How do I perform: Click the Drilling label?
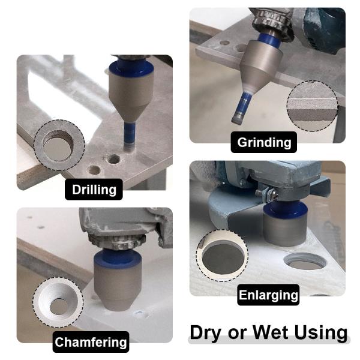click(94, 190)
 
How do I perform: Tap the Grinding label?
click(264, 142)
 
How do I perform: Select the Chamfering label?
click(91, 342)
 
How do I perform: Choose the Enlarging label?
click(268, 295)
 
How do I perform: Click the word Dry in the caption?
click(208, 333)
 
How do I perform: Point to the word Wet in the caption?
click(271, 332)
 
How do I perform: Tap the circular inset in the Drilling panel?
click(59, 145)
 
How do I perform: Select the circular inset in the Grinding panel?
click(312, 106)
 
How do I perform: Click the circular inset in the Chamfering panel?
click(58, 302)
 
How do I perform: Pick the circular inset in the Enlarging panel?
click(222, 256)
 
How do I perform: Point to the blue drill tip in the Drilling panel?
click(130, 136)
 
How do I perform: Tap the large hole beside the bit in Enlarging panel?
click(305, 261)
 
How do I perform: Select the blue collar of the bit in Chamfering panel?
click(118, 258)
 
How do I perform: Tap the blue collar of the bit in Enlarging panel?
click(286, 209)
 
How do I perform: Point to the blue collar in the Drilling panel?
click(131, 68)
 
